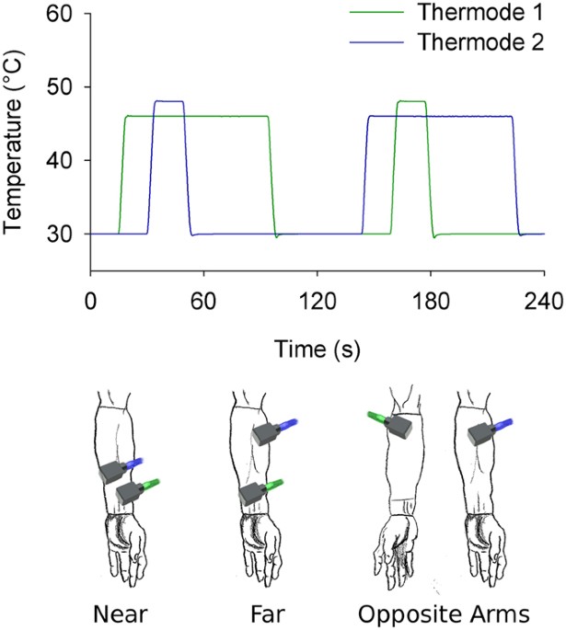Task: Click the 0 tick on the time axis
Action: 90,302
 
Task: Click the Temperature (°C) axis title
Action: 16,145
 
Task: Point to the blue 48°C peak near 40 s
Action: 168,101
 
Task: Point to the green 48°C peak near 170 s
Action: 410,101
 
